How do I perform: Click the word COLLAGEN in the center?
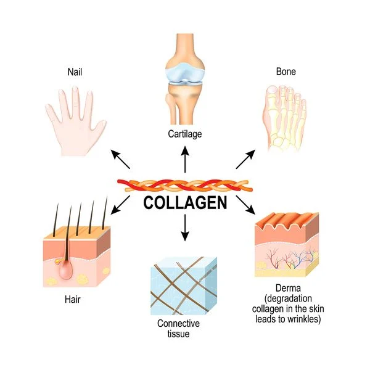coord(185,203)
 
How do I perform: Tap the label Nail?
coord(75,72)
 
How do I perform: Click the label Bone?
coord(286,72)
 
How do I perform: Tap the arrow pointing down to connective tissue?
coord(185,230)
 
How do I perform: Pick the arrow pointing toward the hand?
coord(121,158)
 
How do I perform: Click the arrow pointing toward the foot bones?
coord(245,159)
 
